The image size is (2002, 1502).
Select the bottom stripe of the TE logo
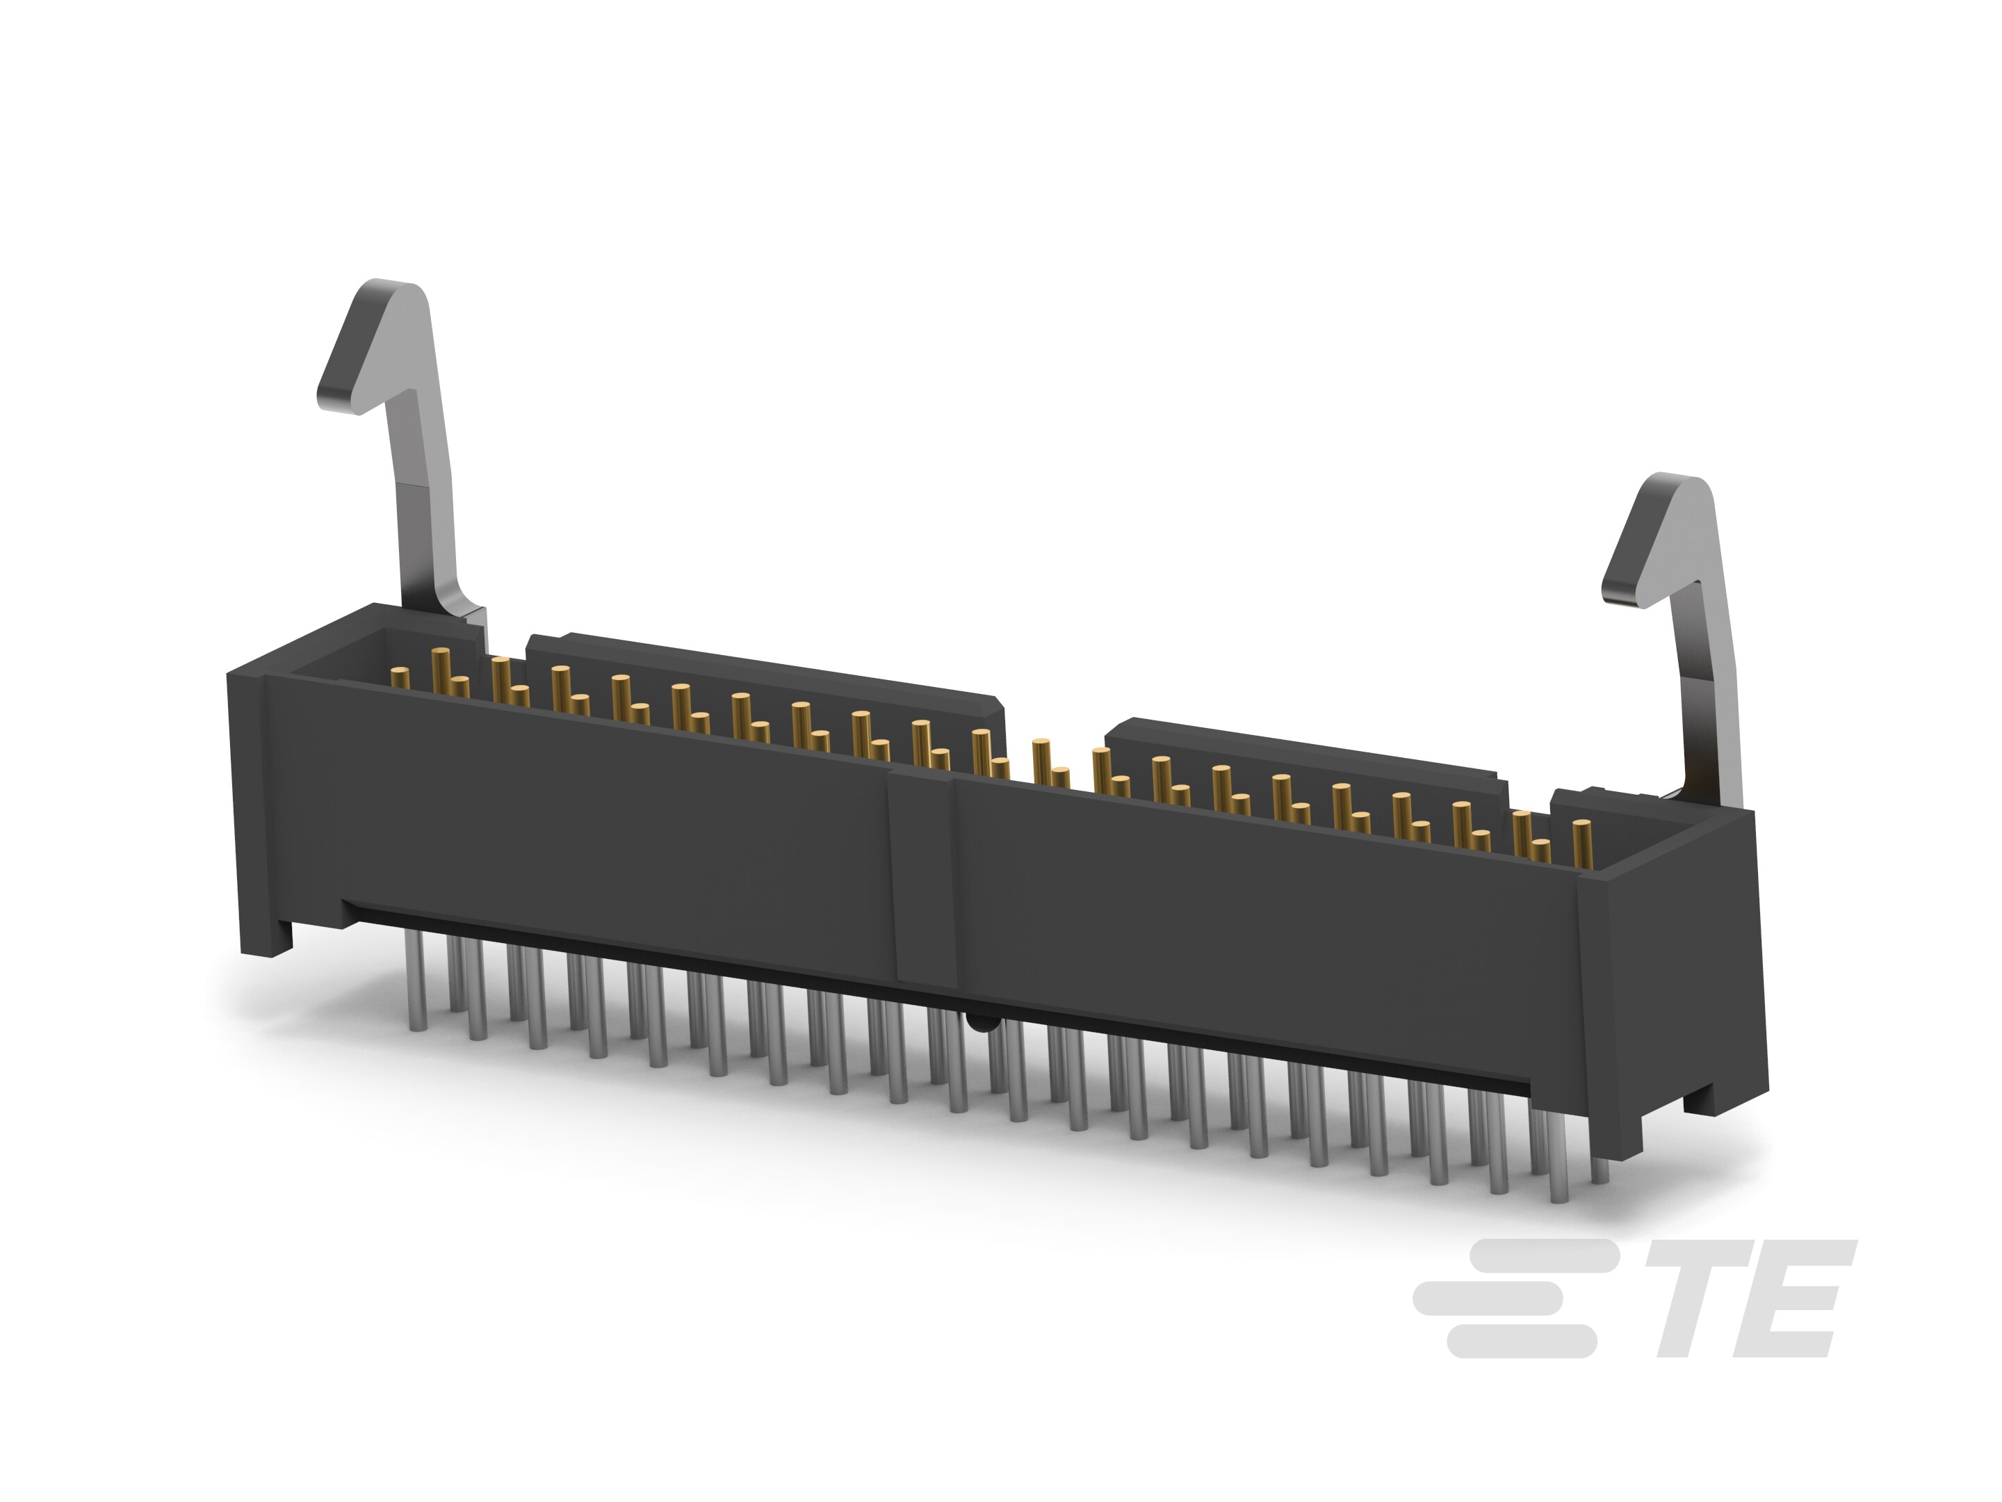click(x=1520, y=1342)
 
